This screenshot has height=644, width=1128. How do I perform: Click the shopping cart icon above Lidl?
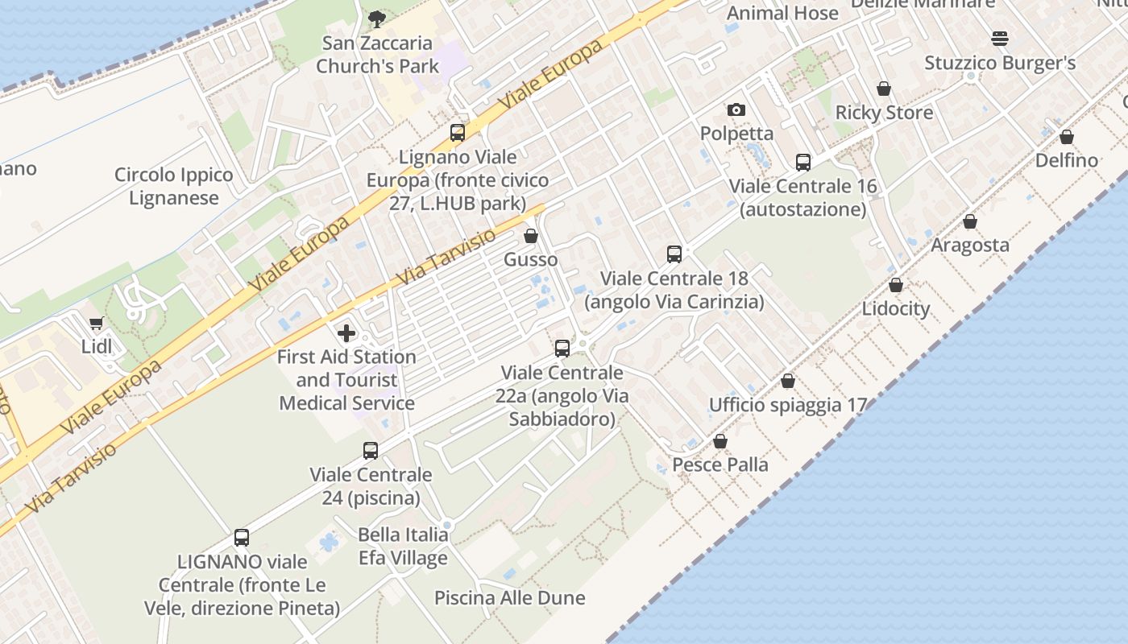pyautogui.click(x=97, y=324)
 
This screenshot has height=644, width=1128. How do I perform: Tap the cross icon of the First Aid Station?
pyautogui.click(x=346, y=332)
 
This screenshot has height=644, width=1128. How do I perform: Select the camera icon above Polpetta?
pyautogui.click(x=736, y=110)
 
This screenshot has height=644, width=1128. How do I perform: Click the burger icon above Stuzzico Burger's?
pyautogui.click(x=1000, y=39)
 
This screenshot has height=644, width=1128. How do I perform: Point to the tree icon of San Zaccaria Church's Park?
pyautogui.click(x=376, y=19)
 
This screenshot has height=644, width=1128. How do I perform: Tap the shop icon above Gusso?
pyautogui.click(x=530, y=236)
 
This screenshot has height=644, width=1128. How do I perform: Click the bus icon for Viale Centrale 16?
pyautogui.click(x=802, y=163)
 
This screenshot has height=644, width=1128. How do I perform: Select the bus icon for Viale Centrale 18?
pyautogui.click(x=674, y=254)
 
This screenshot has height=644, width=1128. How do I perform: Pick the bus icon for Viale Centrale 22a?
pyautogui.click(x=562, y=349)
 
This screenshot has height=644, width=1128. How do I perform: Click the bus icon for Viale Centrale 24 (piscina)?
pyautogui.click(x=371, y=451)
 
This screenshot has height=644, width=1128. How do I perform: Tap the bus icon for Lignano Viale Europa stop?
pyautogui.click(x=457, y=133)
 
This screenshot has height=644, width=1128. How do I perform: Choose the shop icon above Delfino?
pyautogui.click(x=1066, y=137)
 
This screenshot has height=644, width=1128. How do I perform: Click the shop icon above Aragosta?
pyautogui.click(x=970, y=221)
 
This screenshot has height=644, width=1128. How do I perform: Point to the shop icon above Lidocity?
pyautogui.click(x=895, y=285)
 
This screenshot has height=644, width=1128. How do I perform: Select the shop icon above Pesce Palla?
pyautogui.click(x=720, y=441)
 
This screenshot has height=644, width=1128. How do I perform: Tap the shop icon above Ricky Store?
pyautogui.click(x=884, y=89)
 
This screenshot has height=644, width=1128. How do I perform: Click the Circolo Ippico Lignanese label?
pyautogui.click(x=173, y=187)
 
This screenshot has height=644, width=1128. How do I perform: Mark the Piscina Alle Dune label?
pyautogui.click(x=509, y=598)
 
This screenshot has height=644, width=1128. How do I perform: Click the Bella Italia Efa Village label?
pyautogui.click(x=403, y=546)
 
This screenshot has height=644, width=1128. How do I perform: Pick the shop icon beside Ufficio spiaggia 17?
pyautogui.click(x=788, y=381)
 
